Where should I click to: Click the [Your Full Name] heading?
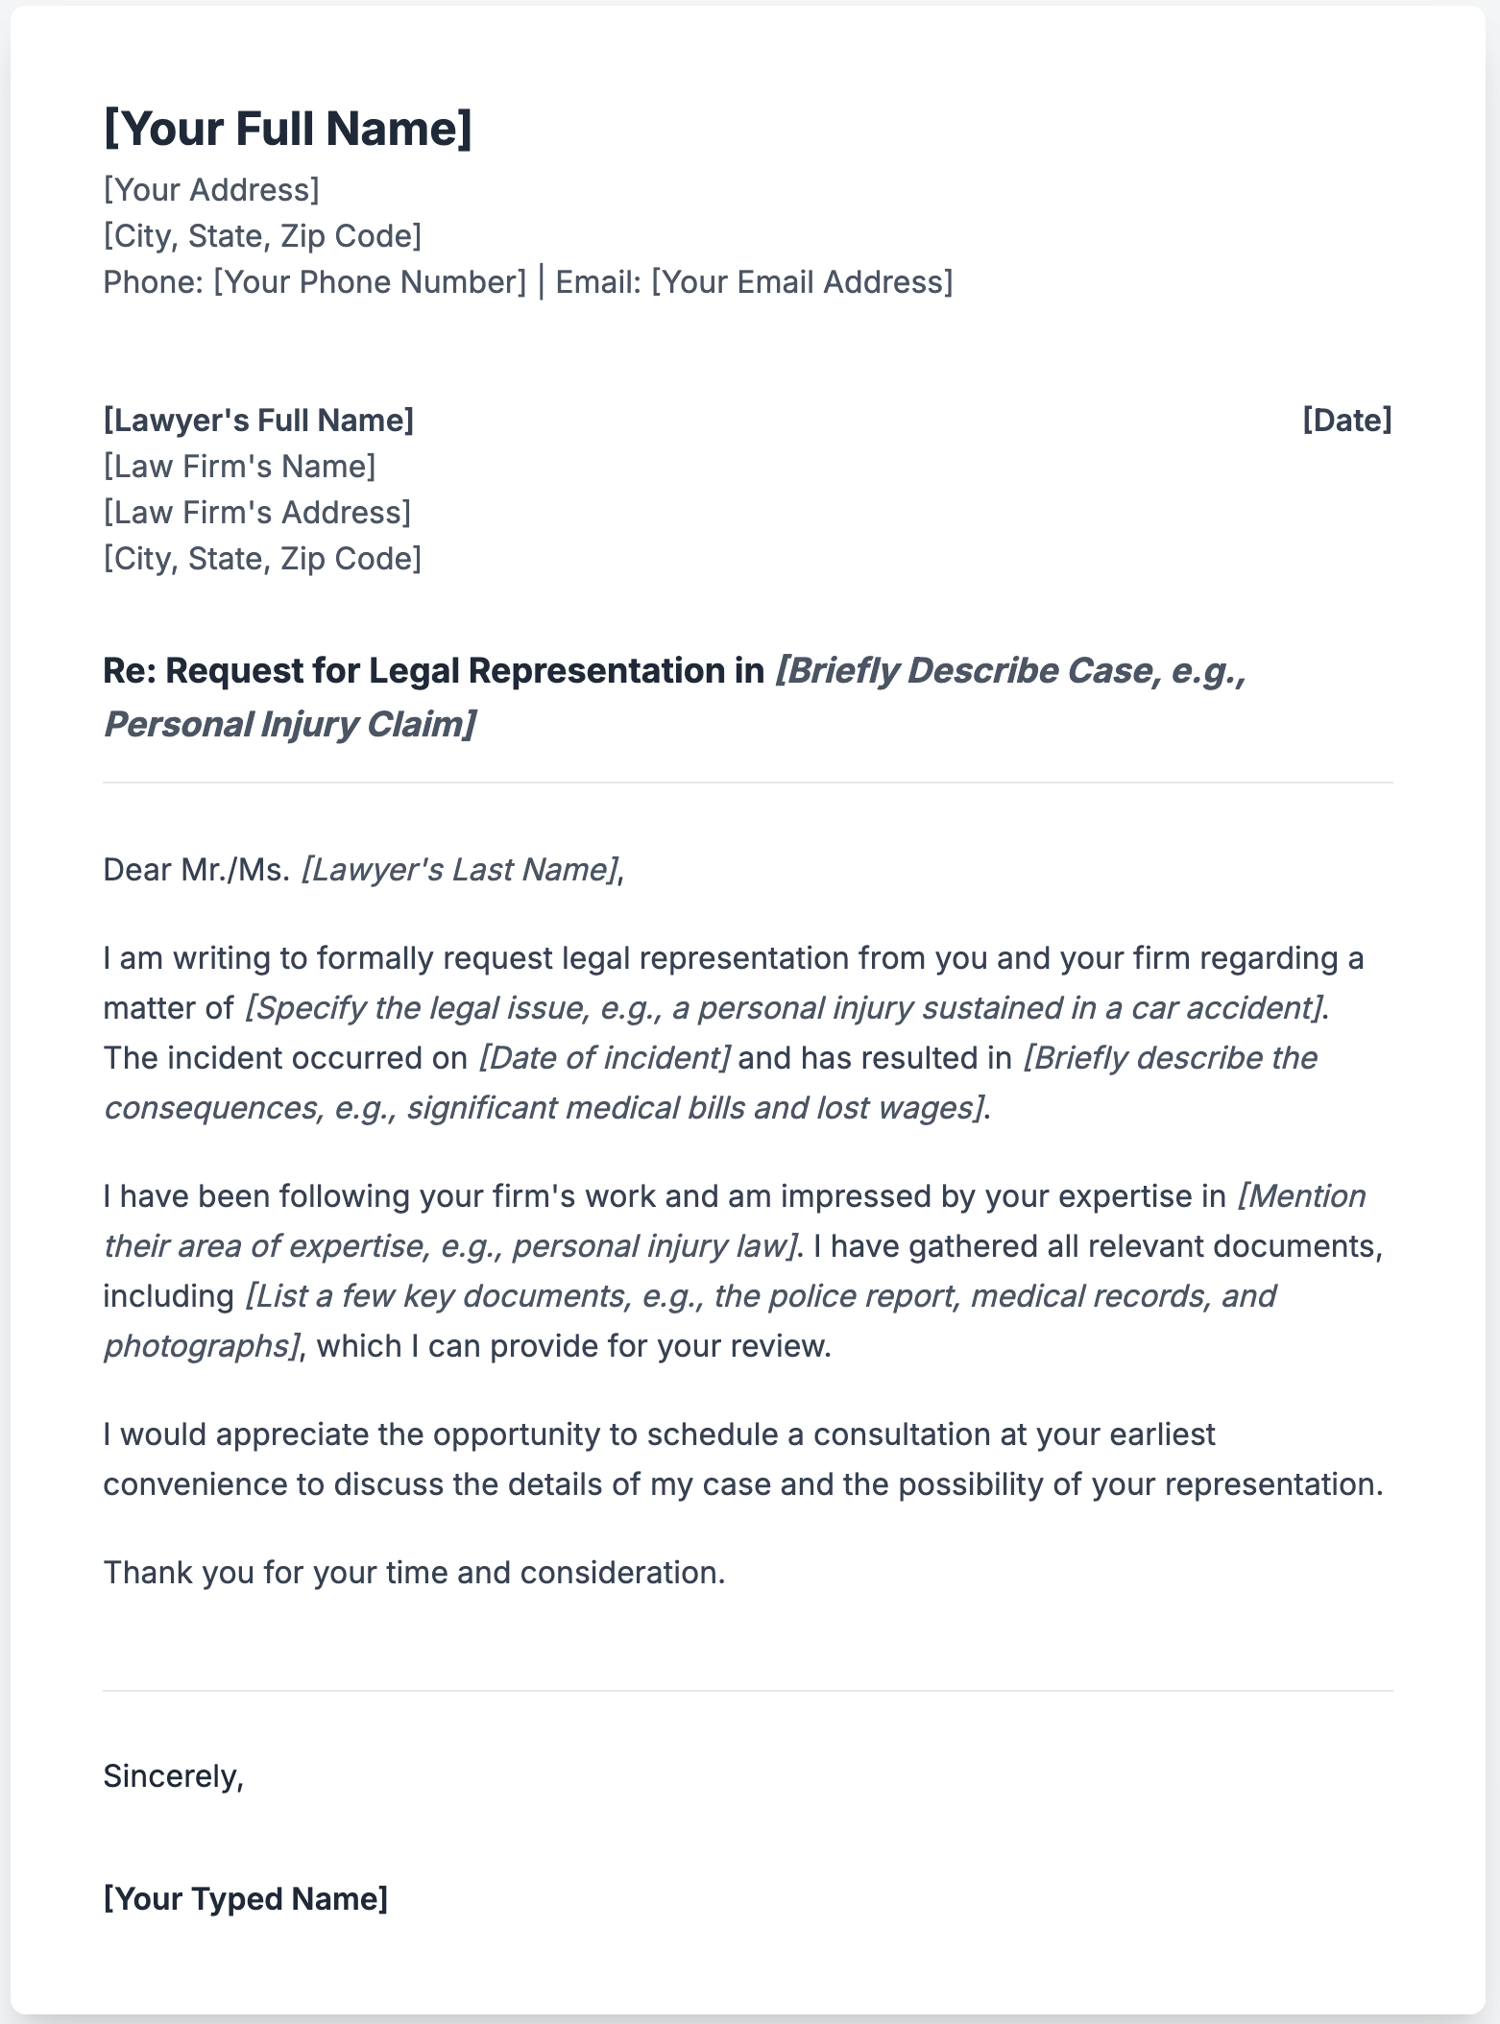tap(287, 129)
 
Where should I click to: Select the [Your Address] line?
tap(211, 190)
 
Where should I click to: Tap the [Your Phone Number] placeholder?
tap(370, 282)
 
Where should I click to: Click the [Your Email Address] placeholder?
tap(802, 282)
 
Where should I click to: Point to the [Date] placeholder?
tap(1346, 421)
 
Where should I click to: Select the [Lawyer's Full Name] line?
tap(258, 421)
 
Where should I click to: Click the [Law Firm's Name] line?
tap(239, 467)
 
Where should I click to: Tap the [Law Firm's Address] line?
tap(256, 513)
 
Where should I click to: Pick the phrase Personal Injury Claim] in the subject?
tap(289, 725)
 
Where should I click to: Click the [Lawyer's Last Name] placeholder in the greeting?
tap(458, 870)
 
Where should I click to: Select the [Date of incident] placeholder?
tap(604, 1058)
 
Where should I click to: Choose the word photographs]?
tap(201, 1346)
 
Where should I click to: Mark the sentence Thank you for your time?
tap(414, 1573)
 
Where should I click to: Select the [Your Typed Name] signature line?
tap(246, 1899)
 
